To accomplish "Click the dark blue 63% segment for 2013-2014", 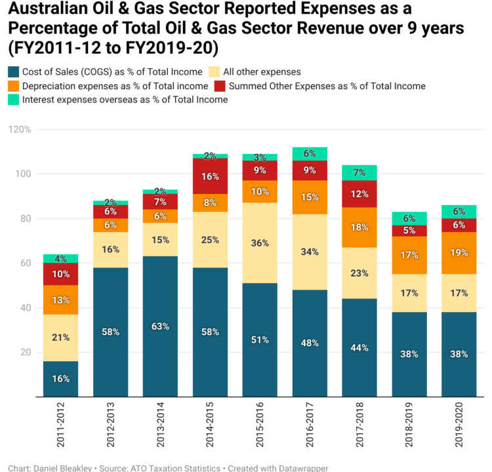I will tap(160, 326).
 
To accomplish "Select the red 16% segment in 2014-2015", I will tap(210, 176).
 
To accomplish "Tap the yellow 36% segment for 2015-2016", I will tap(260, 243).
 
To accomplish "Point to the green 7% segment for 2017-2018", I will tap(359, 173).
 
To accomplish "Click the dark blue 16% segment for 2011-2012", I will tap(61, 379).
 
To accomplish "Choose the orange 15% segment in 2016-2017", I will tap(310, 197).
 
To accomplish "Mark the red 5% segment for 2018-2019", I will tap(409, 231).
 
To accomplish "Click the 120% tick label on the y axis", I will tap(19, 129).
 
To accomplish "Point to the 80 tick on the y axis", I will tap(26, 218).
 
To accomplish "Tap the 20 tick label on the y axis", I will tap(26, 352).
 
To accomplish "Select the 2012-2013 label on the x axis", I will tap(110, 426).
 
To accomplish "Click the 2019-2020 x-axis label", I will tap(459, 426).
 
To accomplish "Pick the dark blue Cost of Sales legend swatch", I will tap(12, 71).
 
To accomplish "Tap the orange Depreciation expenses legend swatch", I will tap(12, 86).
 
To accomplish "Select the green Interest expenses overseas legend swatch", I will tap(12, 100).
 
